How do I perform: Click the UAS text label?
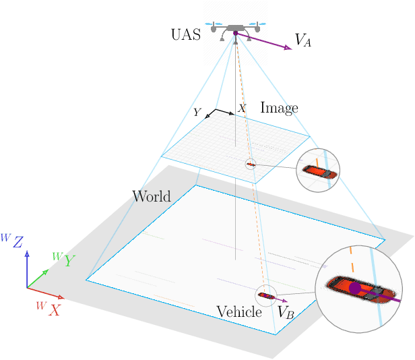click(x=186, y=36)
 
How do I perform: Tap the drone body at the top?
click(x=234, y=28)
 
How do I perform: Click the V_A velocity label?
click(x=303, y=40)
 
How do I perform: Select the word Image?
click(x=279, y=108)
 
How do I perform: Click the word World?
click(x=152, y=197)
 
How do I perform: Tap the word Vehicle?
click(x=238, y=312)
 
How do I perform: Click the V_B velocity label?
click(x=286, y=313)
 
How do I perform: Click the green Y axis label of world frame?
click(x=63, y=260)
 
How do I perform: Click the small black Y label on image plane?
click(x=197, y=113)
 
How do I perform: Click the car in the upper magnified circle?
click(x=318, y=171)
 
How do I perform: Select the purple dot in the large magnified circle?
click(x=355, y=288)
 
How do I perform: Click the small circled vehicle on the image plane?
click(x=251, y=164)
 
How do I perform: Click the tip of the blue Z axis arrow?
click(x=27, y=253)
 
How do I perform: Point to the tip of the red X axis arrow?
click(x=63, y=297)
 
